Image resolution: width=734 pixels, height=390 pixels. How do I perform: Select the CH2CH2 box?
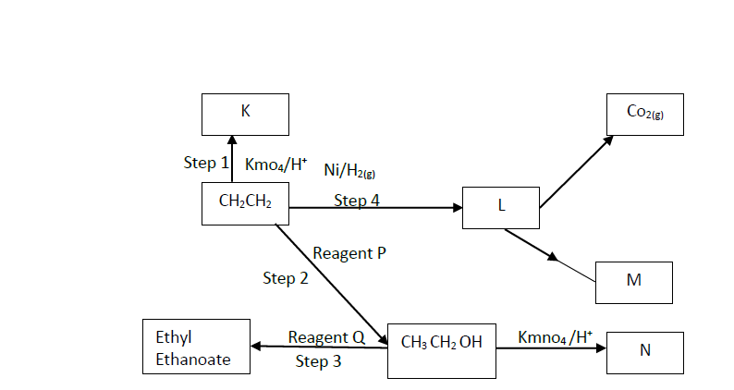244,203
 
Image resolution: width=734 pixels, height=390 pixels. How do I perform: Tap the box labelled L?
501,207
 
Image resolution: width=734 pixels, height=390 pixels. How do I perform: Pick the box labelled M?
633,282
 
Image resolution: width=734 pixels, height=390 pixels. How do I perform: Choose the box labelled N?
644,351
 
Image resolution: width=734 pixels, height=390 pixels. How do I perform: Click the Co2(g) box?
644,115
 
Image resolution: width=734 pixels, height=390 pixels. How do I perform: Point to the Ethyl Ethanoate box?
197,347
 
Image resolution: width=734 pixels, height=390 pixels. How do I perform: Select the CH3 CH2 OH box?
441,350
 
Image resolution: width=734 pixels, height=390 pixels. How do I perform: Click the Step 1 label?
205,163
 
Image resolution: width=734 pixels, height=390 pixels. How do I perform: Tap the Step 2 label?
285,277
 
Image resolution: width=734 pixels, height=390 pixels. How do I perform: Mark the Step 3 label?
318,361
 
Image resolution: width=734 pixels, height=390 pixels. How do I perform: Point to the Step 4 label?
357,200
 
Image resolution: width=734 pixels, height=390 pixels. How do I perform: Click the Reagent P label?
349,252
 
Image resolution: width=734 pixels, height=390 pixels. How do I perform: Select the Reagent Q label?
326,337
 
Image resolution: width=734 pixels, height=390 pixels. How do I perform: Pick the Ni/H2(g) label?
349,170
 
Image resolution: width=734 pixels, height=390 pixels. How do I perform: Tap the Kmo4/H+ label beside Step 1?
275,164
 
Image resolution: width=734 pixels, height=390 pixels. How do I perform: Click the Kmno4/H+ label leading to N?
555,336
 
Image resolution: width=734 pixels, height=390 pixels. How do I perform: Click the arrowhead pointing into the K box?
231,142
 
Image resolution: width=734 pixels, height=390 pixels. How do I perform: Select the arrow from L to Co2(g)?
575,172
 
